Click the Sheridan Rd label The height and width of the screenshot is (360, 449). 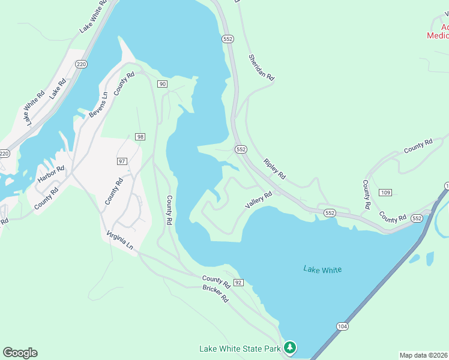(x=262, y=68)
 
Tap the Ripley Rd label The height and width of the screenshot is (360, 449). (x=274, y=170)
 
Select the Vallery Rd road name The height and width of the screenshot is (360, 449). (x=259, y=200)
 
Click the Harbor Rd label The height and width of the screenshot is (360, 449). (x=50, y=175)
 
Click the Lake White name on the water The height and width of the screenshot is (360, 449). (x=322, y=269)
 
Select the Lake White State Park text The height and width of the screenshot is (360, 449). (x=240, y=349)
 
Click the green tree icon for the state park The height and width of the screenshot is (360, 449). (x=290, y=347)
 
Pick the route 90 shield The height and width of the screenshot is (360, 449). (x=162, y=83)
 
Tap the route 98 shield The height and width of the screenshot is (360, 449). (x=140, y=137)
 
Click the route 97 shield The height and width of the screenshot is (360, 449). (x=122, y=161)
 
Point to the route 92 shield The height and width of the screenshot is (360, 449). (x=238, y=282)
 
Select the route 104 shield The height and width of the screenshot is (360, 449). (x=342, y=326)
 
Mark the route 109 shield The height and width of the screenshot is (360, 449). (x=386, y=192)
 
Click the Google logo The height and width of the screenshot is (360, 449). (x=20, y=353)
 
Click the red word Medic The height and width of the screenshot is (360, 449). (x=438, y=35)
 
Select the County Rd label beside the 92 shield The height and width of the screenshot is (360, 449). (x=216, y=280)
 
